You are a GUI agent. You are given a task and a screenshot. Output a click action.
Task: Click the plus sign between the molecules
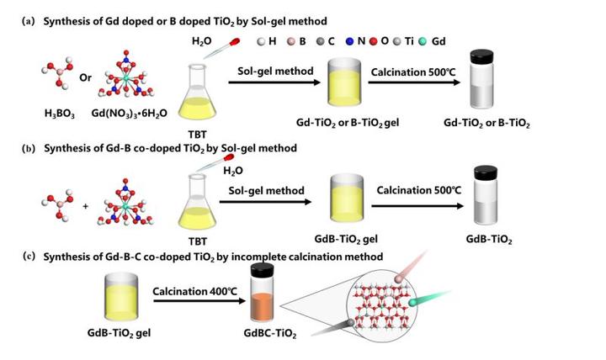click(x=81, y=203)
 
